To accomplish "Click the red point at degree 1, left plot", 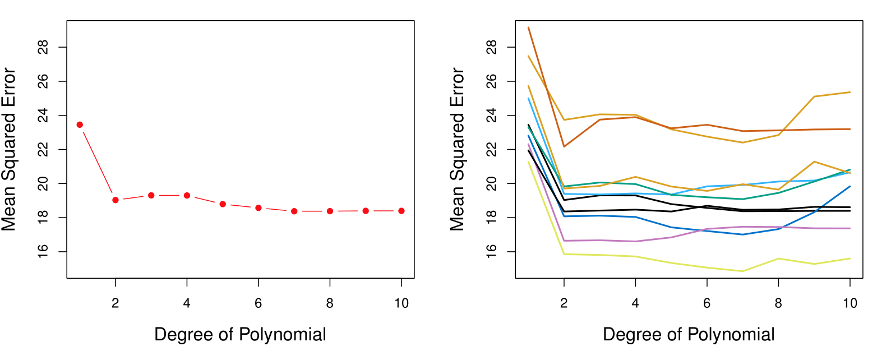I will tap(80, 124).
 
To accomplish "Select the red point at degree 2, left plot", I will tap(116, 200).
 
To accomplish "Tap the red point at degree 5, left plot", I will tap(223, 204).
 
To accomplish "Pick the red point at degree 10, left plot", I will tap(401, 211).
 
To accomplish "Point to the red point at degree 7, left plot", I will tap(294, 211).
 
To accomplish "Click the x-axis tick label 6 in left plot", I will tap(259, 303).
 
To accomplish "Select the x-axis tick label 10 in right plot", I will tap(850, 303).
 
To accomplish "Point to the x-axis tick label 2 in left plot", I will tap(116, 303).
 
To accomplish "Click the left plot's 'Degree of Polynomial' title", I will tap(240, 335).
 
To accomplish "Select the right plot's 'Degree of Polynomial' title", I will tap(689, 335).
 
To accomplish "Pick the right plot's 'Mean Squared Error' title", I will tap(458, 150).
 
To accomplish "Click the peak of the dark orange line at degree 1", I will tap(529, 27).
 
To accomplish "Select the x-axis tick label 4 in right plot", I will tap(635, 303).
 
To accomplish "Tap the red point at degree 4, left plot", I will tap(187, 195).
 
